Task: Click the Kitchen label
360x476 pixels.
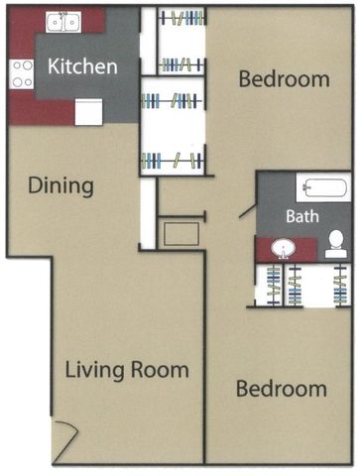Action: [x=82, y=66]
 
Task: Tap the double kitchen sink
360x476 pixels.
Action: [x=63, y=22]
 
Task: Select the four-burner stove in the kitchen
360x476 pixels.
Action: [x=22, y=74]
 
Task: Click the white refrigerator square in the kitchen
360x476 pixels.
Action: [x=88, y=112]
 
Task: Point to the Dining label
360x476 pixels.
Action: [x=60, y=185]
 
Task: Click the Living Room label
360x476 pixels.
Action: [x=127, y=370]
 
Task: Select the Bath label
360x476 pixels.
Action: [x=302, y=216]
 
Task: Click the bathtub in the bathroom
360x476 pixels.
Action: [x=325, y=187]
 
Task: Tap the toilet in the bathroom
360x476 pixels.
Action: [x=336, y=244]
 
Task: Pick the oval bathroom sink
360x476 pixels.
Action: [x=283, y=249]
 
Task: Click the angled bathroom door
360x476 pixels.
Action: [x=247, y=211]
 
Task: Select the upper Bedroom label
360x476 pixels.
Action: [x=284, y=79]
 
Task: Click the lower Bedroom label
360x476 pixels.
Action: [x=282, y=389]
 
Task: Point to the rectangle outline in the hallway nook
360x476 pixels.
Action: [x=181, y=234]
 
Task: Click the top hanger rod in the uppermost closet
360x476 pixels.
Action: [x=181, y=18]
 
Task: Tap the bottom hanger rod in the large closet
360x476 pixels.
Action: [x=173, y=161]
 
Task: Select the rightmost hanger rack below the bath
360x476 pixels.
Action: [x=340, y=285]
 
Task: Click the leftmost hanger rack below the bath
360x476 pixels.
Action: [x=274, y=285]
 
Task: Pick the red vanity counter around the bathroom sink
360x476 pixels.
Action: [x=287, y=249]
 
